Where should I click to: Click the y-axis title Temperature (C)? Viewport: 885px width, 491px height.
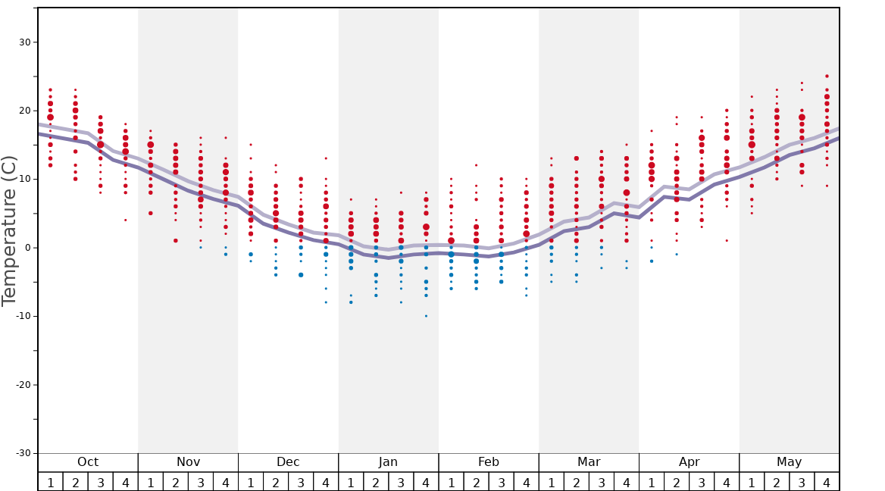[9, 230]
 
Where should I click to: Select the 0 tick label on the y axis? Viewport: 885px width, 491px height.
[27, 248]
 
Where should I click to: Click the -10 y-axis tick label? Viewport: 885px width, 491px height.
[23, 316]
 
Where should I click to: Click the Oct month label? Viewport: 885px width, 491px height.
[88, 462]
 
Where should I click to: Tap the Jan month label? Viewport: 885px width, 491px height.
[388, 462]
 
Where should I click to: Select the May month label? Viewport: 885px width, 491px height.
[789, 462]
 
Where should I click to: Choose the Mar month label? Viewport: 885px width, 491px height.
[589, 462]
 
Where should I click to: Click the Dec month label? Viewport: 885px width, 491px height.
[288, 462]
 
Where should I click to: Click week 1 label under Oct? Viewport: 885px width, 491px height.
[50, 482]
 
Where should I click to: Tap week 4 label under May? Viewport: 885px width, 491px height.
[827, 482]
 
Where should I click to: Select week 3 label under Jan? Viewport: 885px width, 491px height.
[401, 482]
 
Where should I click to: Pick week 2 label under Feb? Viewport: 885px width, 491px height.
[476, 482]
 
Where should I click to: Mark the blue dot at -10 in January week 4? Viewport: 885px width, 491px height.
[426, 316]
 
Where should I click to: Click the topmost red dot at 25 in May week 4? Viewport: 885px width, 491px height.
[827, 77]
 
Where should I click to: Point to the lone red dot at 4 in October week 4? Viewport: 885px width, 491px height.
[126, 220]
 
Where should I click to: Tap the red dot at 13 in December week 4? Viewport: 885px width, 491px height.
[326, 158]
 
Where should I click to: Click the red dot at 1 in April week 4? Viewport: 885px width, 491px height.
[727, 241]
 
